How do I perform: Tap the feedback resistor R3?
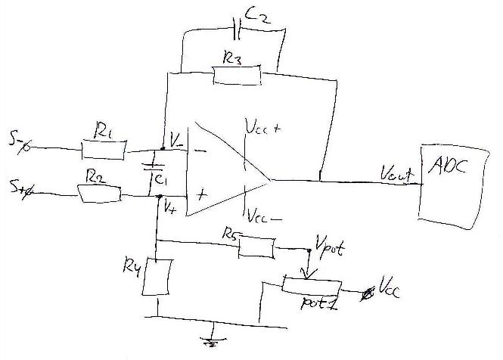click(237, 74)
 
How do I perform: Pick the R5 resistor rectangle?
click(256, 247)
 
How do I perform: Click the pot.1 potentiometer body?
click(311, 284)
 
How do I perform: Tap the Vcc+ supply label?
click(263, 130)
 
